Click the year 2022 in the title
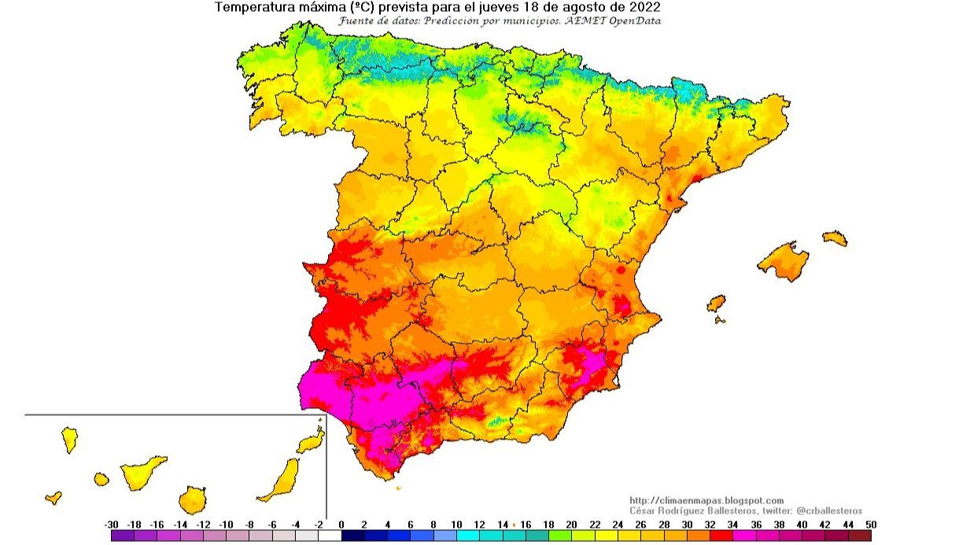point(644,7)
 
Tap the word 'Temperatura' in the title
point(254,7)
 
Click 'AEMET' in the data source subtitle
point(587,20)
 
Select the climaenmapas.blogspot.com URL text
point(706,500)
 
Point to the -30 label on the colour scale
point(111,525)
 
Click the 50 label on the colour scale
point(871,525)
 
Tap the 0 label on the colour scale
point(341,525)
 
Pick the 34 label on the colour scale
point(733,525)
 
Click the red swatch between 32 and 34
point(721,536)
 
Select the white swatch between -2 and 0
point(330,536)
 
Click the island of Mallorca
point(784,260)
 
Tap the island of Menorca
point(835,238)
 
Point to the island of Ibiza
point(716,304)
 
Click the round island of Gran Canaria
point(192,499)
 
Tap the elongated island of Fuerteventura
point(281,480)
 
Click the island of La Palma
point(70,439)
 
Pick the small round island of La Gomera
point(101,478)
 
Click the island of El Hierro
point(53,497)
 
